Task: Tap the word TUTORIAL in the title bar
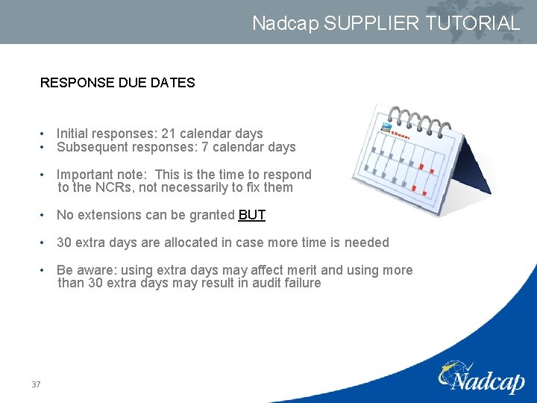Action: point(473,23)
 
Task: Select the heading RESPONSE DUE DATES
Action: point(117,83)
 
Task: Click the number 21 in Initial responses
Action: point(169,134)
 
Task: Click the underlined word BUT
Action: point(251,215)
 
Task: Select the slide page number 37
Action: point(36,384)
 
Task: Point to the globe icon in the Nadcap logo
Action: point(452,371)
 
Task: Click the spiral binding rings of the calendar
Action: point(418,119)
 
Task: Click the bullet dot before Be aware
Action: point(45,270)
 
